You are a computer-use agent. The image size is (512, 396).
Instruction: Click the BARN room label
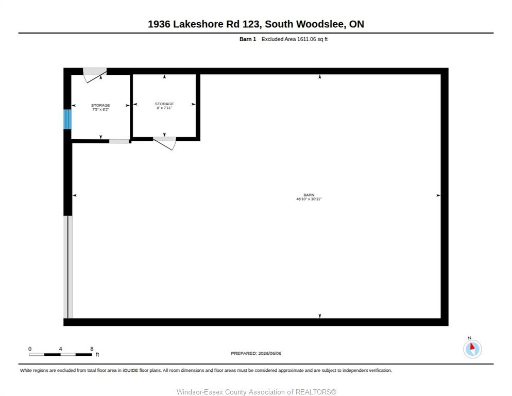(309, 195)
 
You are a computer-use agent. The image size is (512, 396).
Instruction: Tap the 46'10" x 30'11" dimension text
(309, 199)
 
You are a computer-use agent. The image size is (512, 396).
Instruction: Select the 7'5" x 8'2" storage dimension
(100, 109)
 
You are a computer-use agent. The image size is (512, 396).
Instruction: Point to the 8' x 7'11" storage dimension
(164, 108)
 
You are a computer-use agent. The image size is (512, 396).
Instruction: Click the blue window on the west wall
(67, 119)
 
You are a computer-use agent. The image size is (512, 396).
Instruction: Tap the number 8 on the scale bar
(92, 349)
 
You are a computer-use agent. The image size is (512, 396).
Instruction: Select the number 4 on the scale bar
(60, 349)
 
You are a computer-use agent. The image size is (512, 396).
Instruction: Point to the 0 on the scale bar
(30, 349)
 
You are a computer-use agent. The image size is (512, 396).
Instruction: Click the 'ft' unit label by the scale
(97, 354)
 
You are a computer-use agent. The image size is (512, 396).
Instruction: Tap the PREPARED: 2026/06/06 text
(256, 353)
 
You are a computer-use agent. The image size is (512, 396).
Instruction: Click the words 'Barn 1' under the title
(248, 39)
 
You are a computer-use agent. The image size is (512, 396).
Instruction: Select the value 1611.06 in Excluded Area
(306, 39)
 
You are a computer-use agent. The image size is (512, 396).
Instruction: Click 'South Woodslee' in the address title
(304, 24)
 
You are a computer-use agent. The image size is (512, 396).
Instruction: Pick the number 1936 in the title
(159, 24)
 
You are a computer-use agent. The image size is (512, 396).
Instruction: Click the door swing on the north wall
(95, 75)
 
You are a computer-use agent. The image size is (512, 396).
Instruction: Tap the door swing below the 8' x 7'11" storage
(165, 143)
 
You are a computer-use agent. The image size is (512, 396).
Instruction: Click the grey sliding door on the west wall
(68, 267)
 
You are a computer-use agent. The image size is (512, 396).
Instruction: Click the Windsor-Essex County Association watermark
(257, 392)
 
